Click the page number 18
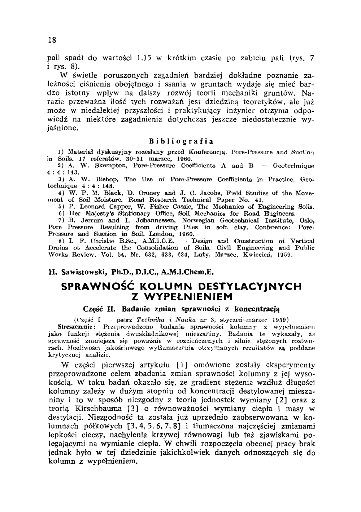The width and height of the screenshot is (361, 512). [x=52, y=40]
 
